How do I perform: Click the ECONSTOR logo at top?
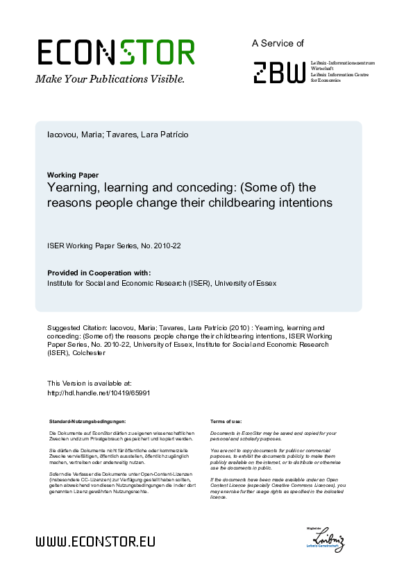click(115, 52)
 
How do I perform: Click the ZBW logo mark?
click(279, 71)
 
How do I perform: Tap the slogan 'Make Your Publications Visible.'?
click(110, 79)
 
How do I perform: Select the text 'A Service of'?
click(278, 43)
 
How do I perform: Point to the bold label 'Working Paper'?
click(73, 175)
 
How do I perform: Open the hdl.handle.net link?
click(99, 392)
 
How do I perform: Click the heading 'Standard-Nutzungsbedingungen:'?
click(87, 422)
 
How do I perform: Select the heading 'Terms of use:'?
click(226, 422)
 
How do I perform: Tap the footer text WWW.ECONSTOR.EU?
click(95, 542)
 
